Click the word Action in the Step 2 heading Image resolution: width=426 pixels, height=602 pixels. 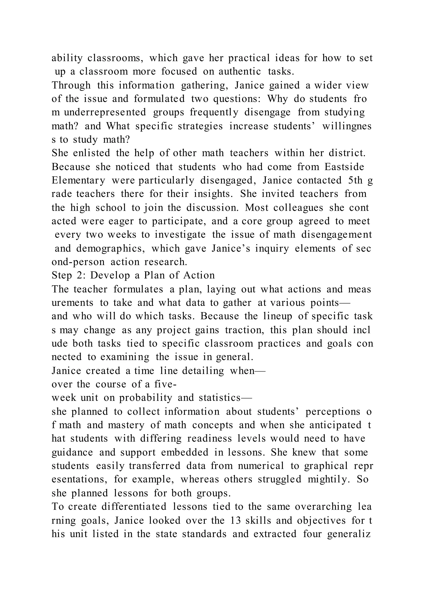pos(199,275)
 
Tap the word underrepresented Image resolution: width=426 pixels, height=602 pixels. pos(105,112)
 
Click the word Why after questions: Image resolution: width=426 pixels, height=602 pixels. pos(277,99)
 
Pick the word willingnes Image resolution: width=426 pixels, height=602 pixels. pos(347,126)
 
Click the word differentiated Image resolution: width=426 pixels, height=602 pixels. pos(134,507)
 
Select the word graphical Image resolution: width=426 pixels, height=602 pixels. pos(326,466)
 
